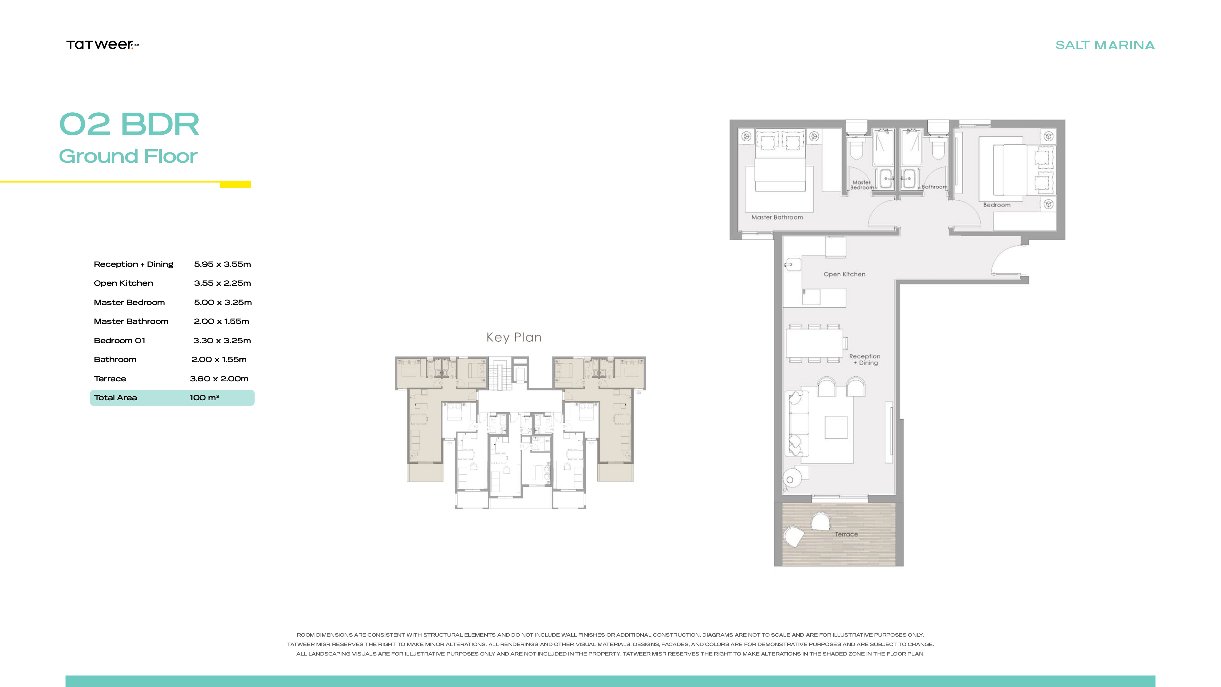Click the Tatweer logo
(x=102, y=45)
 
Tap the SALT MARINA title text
(x=1105, y=45)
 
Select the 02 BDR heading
(x=129, y=124)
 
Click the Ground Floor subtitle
(x=128, y=156)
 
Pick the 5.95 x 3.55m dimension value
(x=222, y=264)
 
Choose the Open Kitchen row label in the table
(x=123, y=283)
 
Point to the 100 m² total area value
(x=204, y=397)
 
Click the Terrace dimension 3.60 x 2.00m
(x=219, y=378)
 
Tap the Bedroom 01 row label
(x=119, y=340)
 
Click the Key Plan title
(x=514, y=337)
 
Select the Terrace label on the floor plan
(x=846, y=534)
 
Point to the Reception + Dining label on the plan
(x=864, y=359)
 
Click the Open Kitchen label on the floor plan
(x=844, y=274)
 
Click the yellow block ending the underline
(x=235, y=184)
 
